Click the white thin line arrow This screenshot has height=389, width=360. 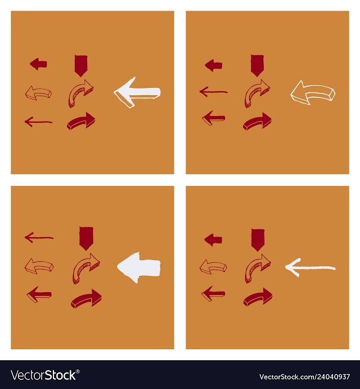[310, 268]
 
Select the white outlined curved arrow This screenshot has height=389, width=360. [313, 92]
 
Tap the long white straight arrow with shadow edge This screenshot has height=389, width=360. [137, 92]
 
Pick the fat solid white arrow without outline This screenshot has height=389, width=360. [139, 267]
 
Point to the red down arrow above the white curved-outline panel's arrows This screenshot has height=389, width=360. [257, 65]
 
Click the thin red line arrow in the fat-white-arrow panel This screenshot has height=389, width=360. [39, 238]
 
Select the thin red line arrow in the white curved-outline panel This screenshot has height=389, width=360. [214, 92]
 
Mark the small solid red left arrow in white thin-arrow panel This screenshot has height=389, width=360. [213, 240]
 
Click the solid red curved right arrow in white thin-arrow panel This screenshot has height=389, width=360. [258, 297]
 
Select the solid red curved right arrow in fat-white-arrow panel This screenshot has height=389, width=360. [86, 299]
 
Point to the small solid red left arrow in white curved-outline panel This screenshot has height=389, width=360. [214, 65]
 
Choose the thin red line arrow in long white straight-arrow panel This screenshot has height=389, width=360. [38, 122]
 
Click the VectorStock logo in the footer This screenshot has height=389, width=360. [45, 375]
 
